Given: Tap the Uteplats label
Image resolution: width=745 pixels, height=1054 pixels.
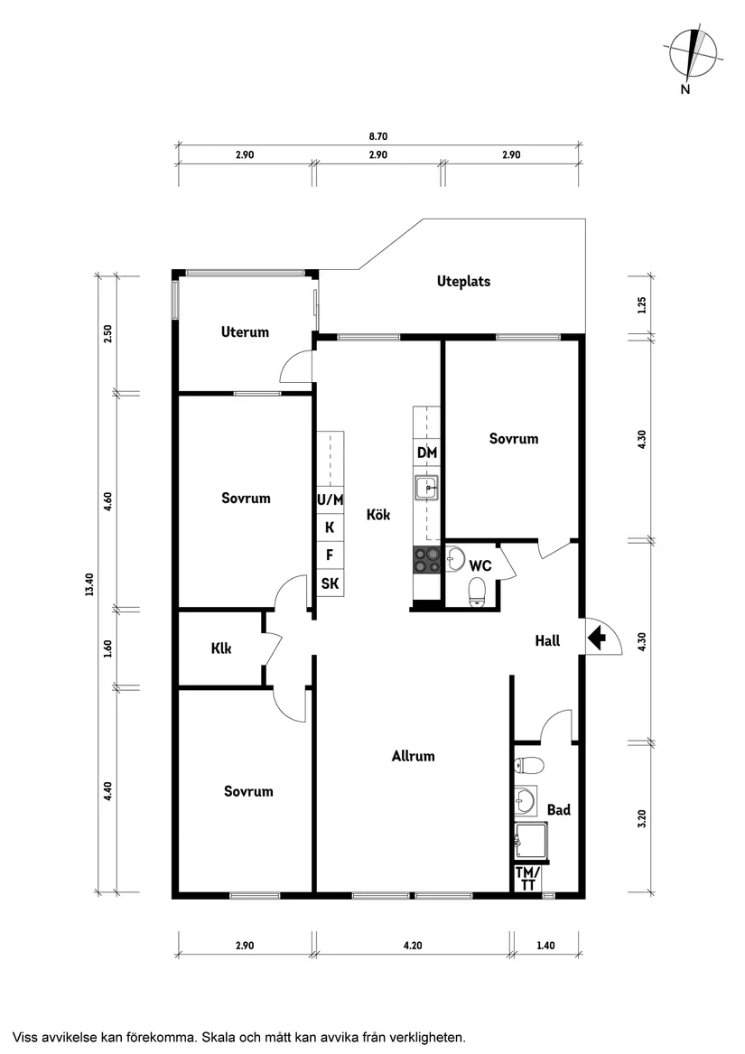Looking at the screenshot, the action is click(463, 282).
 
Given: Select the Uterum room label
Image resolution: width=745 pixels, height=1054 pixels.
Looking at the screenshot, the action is click(245, 331).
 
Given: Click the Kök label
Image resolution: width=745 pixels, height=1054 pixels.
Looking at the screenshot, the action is click(377, 515).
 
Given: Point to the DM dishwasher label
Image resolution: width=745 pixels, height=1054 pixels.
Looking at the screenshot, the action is click(427, 453).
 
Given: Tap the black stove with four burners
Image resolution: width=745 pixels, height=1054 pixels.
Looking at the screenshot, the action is click(426, 560).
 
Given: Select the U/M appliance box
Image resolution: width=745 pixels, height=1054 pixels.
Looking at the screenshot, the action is click(331, 499).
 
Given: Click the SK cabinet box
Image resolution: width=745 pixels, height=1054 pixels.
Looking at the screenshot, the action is click(331, 583).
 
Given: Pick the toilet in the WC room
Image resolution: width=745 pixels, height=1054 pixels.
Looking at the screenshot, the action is click(478, 592).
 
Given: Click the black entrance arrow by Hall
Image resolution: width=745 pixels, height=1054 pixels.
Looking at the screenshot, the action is click(596, 638).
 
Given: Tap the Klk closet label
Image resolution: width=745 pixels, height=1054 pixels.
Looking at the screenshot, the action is click(221, 648).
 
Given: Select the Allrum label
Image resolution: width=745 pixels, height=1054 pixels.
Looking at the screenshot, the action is click(413, 756).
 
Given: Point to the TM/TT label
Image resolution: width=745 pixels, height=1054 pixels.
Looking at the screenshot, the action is click(527, 879).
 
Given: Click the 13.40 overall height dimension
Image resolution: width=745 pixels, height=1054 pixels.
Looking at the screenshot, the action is click(89, 583).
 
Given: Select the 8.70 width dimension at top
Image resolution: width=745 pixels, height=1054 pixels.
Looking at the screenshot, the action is click(377, 136).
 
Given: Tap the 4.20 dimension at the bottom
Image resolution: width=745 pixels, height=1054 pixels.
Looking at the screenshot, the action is click(413, 945).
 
